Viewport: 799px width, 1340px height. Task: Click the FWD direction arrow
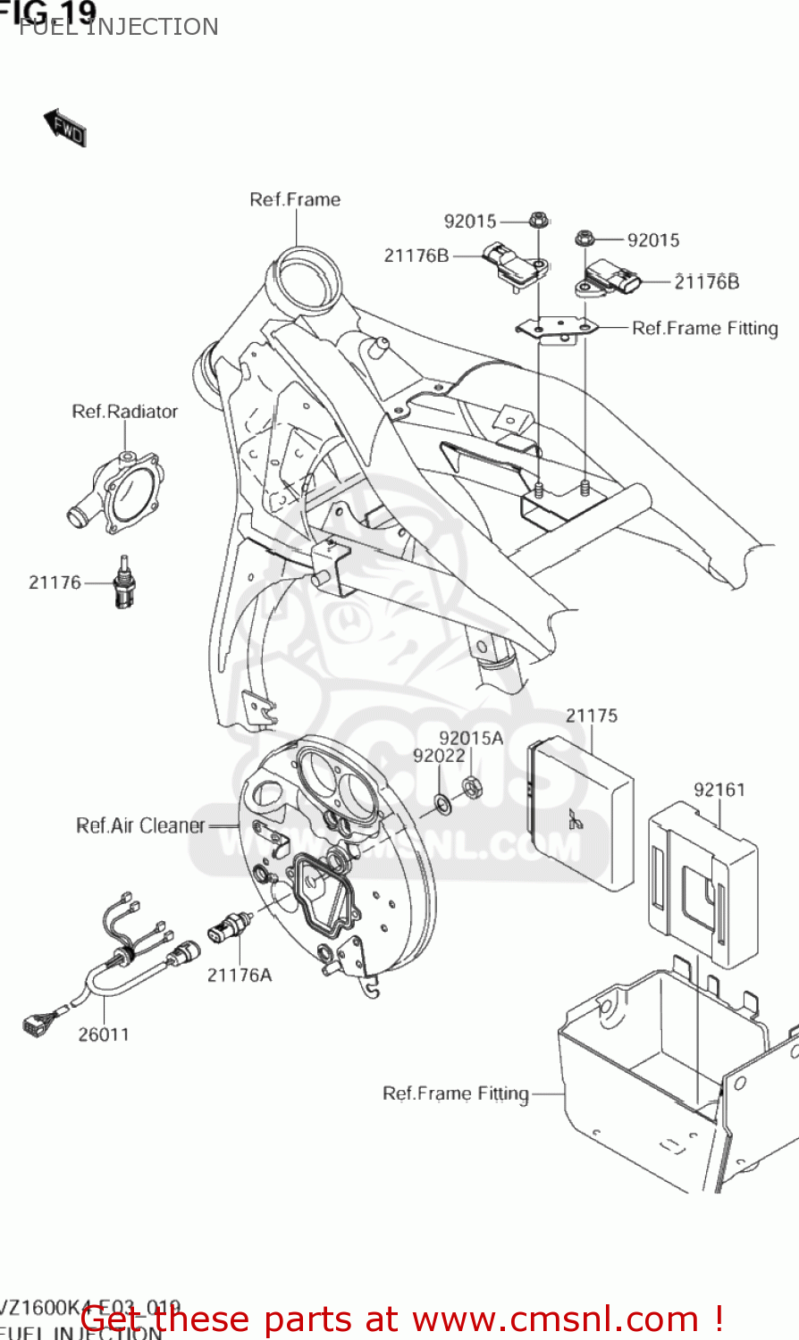65,128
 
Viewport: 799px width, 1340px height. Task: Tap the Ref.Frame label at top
295,199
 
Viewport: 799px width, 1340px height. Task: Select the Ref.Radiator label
124,412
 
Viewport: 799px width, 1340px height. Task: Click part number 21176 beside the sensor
55,582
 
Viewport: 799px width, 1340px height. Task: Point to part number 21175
591,716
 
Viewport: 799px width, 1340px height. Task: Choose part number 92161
719,790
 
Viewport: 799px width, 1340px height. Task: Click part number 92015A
471,738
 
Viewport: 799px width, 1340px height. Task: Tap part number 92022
439,756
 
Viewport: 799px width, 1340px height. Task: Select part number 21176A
239,975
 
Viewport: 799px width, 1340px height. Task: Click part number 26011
104,1034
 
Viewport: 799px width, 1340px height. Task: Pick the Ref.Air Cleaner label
140,825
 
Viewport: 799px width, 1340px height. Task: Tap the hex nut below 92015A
472,787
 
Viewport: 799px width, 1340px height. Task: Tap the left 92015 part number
470,221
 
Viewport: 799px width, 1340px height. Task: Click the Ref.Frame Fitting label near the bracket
704,329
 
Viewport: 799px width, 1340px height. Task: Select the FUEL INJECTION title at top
118,27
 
